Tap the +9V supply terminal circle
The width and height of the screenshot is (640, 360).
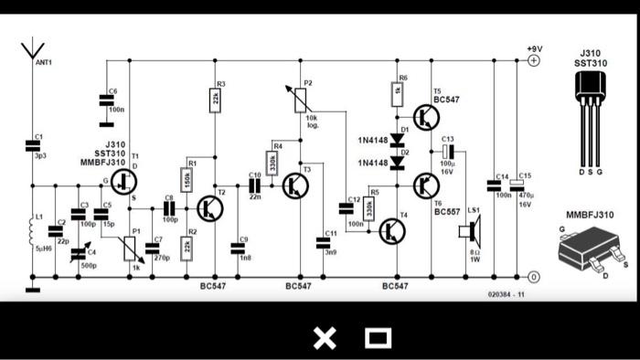(535, 60)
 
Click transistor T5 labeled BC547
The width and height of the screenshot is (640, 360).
(425, 117)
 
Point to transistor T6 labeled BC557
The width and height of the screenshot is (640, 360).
(425, 185)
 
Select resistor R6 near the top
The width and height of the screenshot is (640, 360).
(397, 90)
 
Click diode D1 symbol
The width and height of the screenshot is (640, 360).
(397, 141)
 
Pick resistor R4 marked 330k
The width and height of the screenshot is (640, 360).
(272, 163)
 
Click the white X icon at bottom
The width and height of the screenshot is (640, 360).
(325, 338)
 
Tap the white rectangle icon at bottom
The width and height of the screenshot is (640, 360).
(378, 338)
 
